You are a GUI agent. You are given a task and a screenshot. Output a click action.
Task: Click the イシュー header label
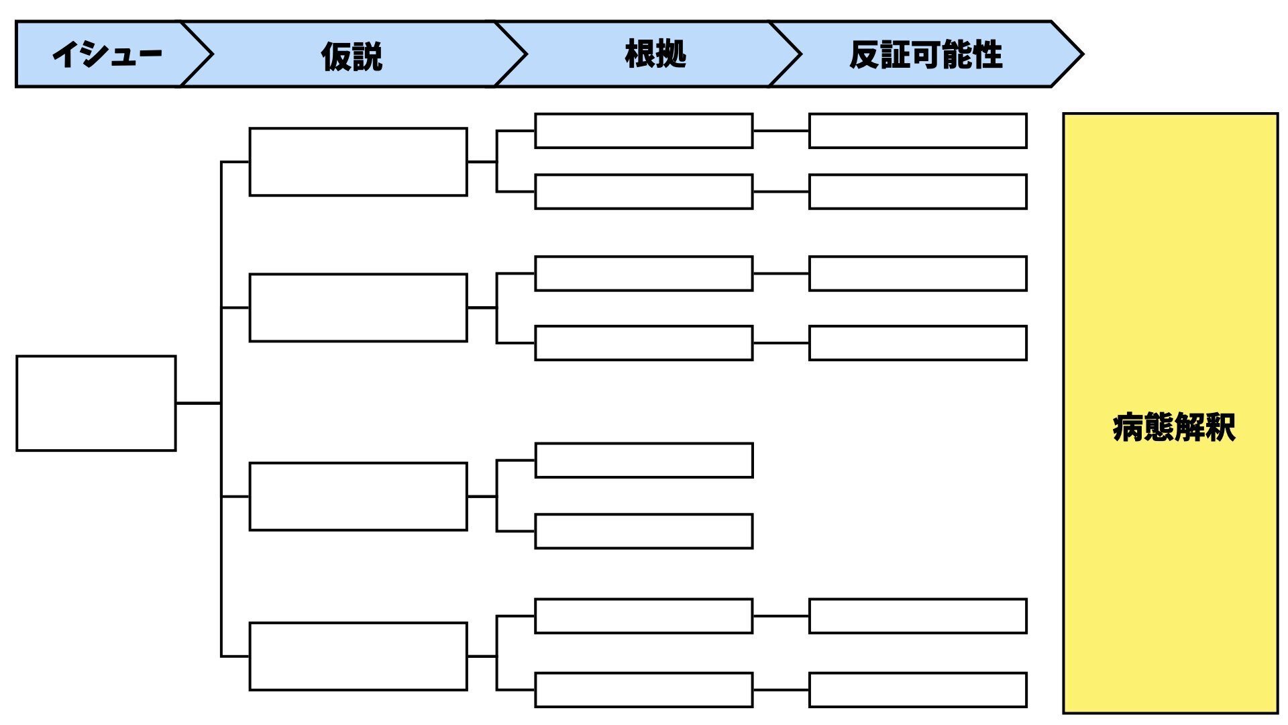107,54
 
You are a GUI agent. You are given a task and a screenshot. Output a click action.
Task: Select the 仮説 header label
352,56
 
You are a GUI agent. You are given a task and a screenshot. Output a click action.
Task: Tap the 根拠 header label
655,54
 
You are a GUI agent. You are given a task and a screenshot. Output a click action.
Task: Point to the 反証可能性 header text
926,55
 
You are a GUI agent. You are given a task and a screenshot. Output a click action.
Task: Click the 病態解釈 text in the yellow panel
1173,428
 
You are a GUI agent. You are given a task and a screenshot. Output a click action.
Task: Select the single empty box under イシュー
96,403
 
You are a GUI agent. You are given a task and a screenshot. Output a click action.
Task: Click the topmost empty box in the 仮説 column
358,162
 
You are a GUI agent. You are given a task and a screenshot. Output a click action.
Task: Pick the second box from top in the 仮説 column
358,307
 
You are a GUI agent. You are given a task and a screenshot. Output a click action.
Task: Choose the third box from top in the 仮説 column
358,496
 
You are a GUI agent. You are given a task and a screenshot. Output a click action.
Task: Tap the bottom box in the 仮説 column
358,656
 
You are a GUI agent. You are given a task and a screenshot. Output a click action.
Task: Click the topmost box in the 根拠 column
643,131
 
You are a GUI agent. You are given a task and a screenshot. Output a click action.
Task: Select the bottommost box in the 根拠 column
643,689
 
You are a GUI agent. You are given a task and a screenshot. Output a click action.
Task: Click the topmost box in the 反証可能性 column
918,131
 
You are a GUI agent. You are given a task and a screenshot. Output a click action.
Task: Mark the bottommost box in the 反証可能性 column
918,689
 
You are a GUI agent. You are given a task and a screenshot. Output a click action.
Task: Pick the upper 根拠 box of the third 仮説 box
643,460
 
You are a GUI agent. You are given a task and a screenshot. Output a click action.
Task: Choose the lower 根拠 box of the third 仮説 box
643,531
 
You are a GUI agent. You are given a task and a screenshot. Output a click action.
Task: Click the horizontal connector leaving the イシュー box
198,403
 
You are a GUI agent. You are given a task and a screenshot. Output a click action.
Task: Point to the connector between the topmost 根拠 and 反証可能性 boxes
781,131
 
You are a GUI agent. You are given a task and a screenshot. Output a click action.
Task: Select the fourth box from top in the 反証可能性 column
918,343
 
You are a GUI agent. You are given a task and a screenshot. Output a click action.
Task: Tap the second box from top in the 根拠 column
643,192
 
